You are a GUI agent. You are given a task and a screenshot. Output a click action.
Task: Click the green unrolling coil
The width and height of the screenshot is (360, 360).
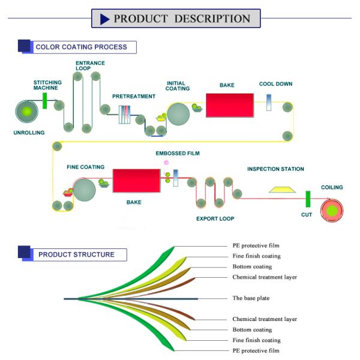26,111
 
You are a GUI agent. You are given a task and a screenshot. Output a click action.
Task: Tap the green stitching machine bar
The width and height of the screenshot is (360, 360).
45,100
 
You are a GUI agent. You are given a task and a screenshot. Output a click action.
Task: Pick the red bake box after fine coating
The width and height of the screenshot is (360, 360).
136,181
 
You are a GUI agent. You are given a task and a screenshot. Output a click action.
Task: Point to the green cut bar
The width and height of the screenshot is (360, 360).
307,199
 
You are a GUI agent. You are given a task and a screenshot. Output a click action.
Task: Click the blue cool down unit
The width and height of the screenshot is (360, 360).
269,103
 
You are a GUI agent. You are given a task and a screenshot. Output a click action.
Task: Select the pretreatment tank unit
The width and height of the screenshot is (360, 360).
125,114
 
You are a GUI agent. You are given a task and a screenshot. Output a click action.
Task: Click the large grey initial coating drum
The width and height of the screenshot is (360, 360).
178,113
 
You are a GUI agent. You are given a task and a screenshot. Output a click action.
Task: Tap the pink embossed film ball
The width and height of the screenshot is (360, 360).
166,163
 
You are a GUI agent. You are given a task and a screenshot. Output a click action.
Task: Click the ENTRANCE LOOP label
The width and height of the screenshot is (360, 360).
90,65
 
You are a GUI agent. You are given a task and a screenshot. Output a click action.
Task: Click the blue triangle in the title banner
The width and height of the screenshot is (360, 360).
104,19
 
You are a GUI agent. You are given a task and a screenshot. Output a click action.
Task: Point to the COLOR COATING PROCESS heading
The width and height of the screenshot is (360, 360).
81,47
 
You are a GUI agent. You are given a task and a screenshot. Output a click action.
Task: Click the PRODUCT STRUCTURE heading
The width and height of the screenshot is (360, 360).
76,254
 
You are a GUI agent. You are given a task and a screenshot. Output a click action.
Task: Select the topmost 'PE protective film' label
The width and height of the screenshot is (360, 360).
256,245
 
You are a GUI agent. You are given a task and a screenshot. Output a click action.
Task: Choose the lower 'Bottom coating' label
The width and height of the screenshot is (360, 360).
252,330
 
